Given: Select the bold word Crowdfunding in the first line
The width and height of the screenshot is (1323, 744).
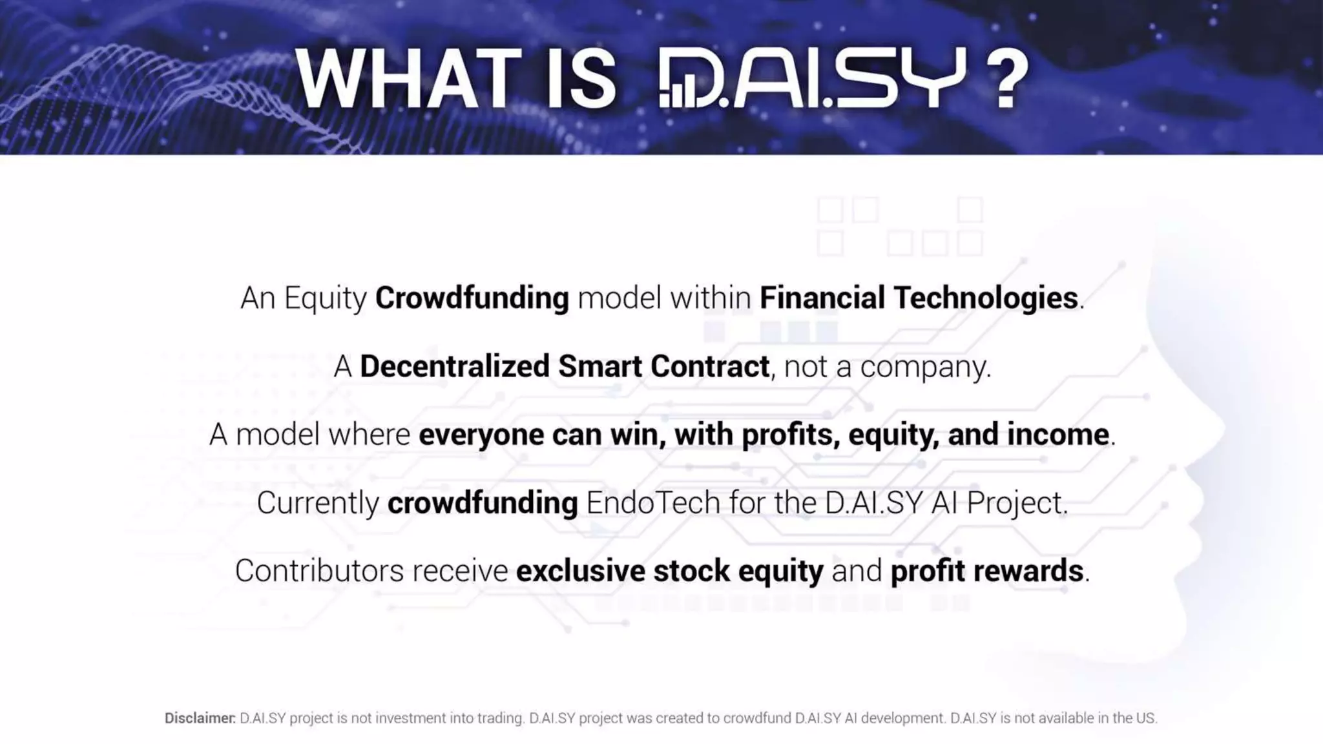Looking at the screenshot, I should (x=472, y=298).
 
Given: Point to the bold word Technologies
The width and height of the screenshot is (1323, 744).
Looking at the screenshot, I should (x=986, y=298).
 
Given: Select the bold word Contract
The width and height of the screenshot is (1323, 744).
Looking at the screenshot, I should (x=709, y=366).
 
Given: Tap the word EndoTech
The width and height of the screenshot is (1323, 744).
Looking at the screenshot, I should (x=652, y=502).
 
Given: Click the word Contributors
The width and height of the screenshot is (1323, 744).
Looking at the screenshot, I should (x=319, y=571).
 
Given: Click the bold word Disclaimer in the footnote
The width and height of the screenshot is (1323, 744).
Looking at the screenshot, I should (x=200, y=718).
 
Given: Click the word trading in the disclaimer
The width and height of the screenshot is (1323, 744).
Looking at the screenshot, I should (x=500, y=718).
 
